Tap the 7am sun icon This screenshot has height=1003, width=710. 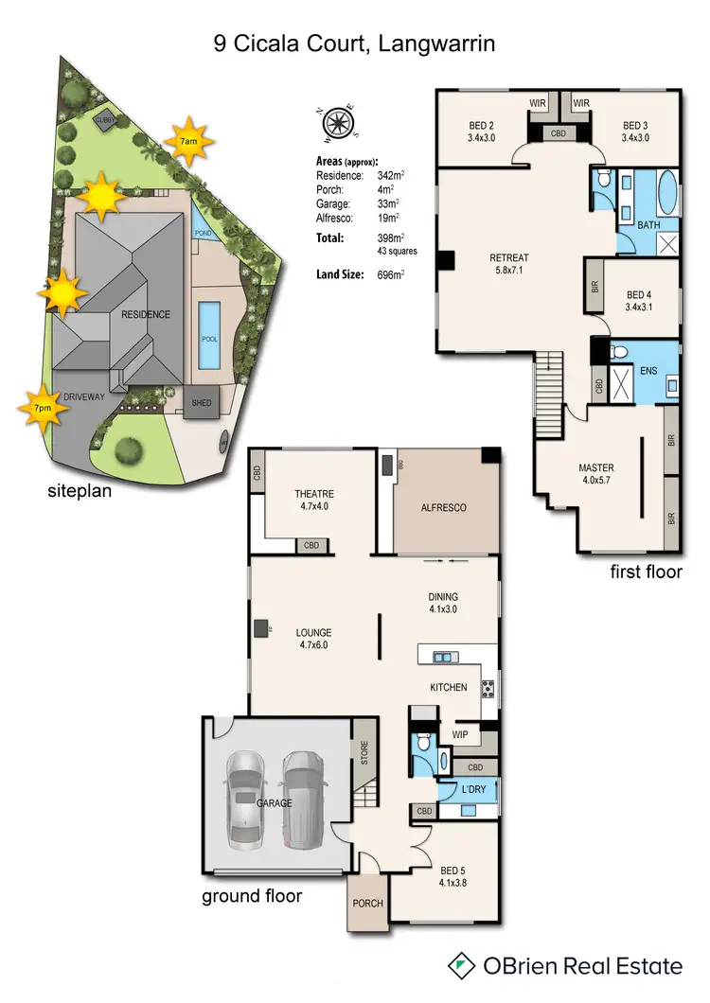188,141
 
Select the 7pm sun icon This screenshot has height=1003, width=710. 44,409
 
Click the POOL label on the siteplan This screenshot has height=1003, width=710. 209,337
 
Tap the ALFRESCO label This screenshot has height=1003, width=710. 443,508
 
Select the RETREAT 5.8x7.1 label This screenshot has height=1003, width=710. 508,263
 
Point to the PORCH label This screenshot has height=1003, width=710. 368,903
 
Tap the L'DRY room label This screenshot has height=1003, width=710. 473,789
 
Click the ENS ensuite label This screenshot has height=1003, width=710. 648,371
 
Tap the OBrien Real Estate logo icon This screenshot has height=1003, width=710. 461,965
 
